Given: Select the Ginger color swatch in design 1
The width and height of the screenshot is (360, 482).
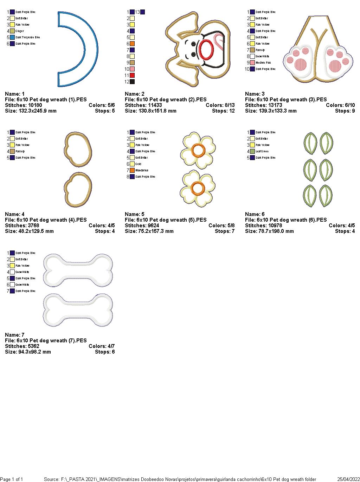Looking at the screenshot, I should click(12, 31).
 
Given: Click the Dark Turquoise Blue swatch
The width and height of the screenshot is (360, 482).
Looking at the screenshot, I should click(12, 37).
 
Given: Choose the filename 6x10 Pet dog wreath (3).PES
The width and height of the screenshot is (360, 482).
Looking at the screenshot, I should click(286, 100).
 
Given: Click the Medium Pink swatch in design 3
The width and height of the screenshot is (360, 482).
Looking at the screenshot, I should click(252, 63).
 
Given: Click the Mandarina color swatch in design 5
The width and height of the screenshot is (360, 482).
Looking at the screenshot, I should click(132, 170).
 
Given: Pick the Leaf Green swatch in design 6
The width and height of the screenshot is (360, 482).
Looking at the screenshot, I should click(252, 151).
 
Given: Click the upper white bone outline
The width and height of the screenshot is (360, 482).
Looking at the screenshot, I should click(78, 270).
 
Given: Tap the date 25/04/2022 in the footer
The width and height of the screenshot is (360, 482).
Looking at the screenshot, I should click(348, 479).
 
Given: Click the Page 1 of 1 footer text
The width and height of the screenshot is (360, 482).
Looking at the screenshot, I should click(12, 479).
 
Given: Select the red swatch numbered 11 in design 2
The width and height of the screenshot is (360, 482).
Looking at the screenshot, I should click(132, 75).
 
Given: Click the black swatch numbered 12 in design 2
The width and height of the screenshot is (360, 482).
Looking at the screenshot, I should click(132, 82).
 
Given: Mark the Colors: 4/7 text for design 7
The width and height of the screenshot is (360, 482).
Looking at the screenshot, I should click(102, 346).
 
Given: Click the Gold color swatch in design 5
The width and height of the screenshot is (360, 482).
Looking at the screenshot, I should click(132, 164).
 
